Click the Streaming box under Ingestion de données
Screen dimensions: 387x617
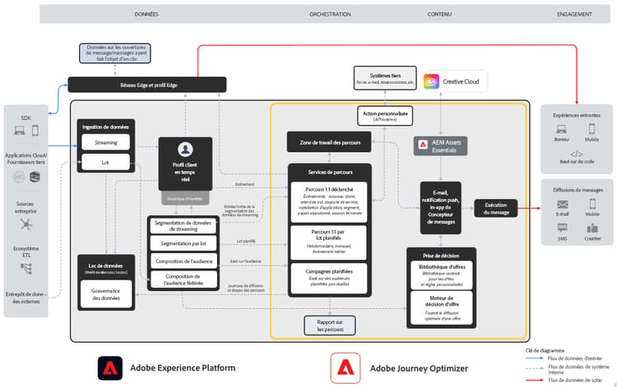point(105,142)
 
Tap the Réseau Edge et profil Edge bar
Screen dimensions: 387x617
point(146,84)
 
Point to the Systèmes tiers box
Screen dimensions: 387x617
point(384,80)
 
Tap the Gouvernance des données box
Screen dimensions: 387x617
point(105,294)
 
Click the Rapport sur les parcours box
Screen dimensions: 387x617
point(329,325)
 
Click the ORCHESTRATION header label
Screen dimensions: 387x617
point(330,15)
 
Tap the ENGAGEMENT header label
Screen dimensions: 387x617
point(574,15)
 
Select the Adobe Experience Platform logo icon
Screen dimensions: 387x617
point(110,367)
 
